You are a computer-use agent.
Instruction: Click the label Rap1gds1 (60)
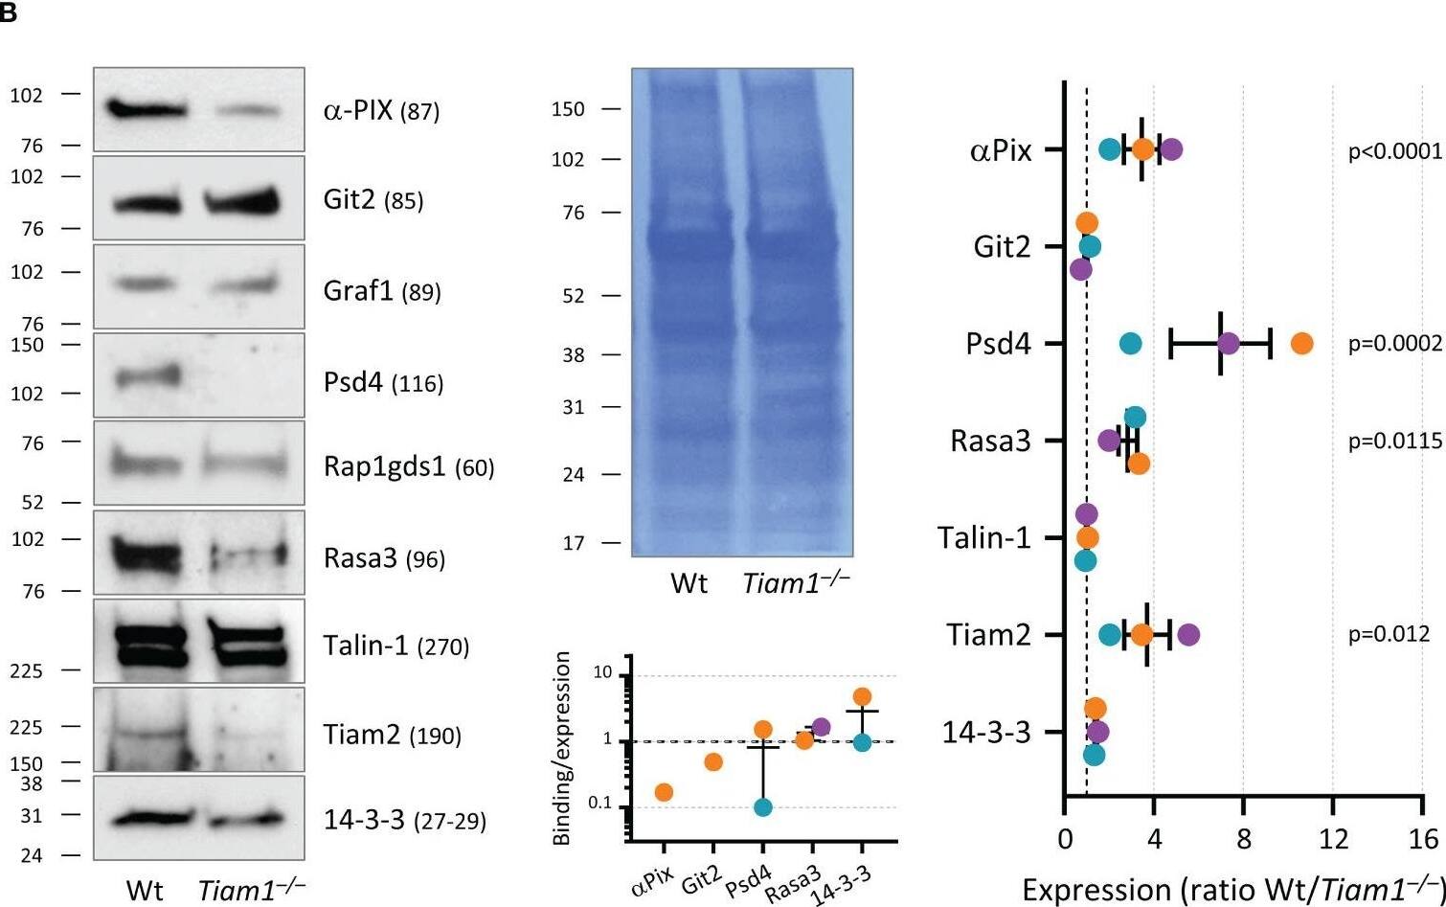pos(409,467)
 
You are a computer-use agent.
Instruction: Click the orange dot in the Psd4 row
pos(1301,343)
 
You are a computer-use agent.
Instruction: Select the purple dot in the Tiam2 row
pos(1188,634)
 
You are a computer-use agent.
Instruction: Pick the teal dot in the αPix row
pos(1109,149)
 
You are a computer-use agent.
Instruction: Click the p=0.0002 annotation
pos(1394,344)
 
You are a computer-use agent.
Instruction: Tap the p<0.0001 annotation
pos(1394,150)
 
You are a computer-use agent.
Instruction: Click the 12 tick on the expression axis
pos(1333,840)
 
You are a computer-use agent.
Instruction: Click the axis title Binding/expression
pos(563,749)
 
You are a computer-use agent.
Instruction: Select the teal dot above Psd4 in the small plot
pos(763,806)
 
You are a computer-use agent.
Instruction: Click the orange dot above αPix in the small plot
pos(664,792)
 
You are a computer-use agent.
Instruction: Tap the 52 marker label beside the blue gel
pos(573,297)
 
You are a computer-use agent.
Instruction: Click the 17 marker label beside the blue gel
pos(573,543)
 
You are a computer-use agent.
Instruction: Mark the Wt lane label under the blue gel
pos(689,582)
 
